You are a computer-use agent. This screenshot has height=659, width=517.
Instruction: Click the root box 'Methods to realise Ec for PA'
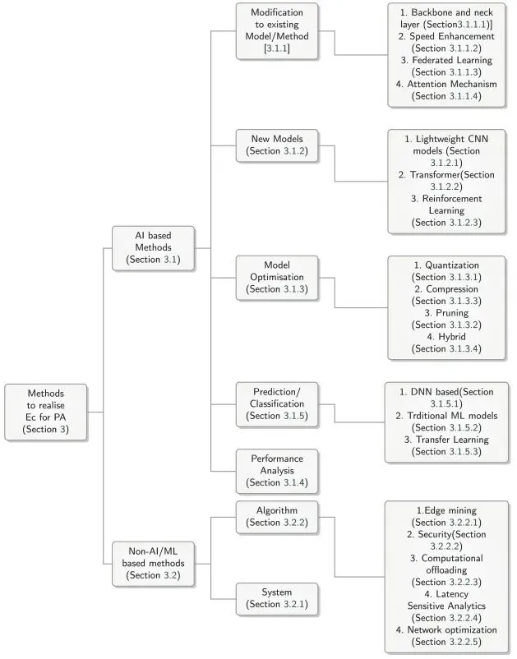39,411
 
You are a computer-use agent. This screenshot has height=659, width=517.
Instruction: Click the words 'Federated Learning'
452,61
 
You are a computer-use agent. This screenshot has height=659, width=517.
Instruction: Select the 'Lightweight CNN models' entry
452,141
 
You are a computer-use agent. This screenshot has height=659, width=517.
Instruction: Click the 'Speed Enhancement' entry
452,37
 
